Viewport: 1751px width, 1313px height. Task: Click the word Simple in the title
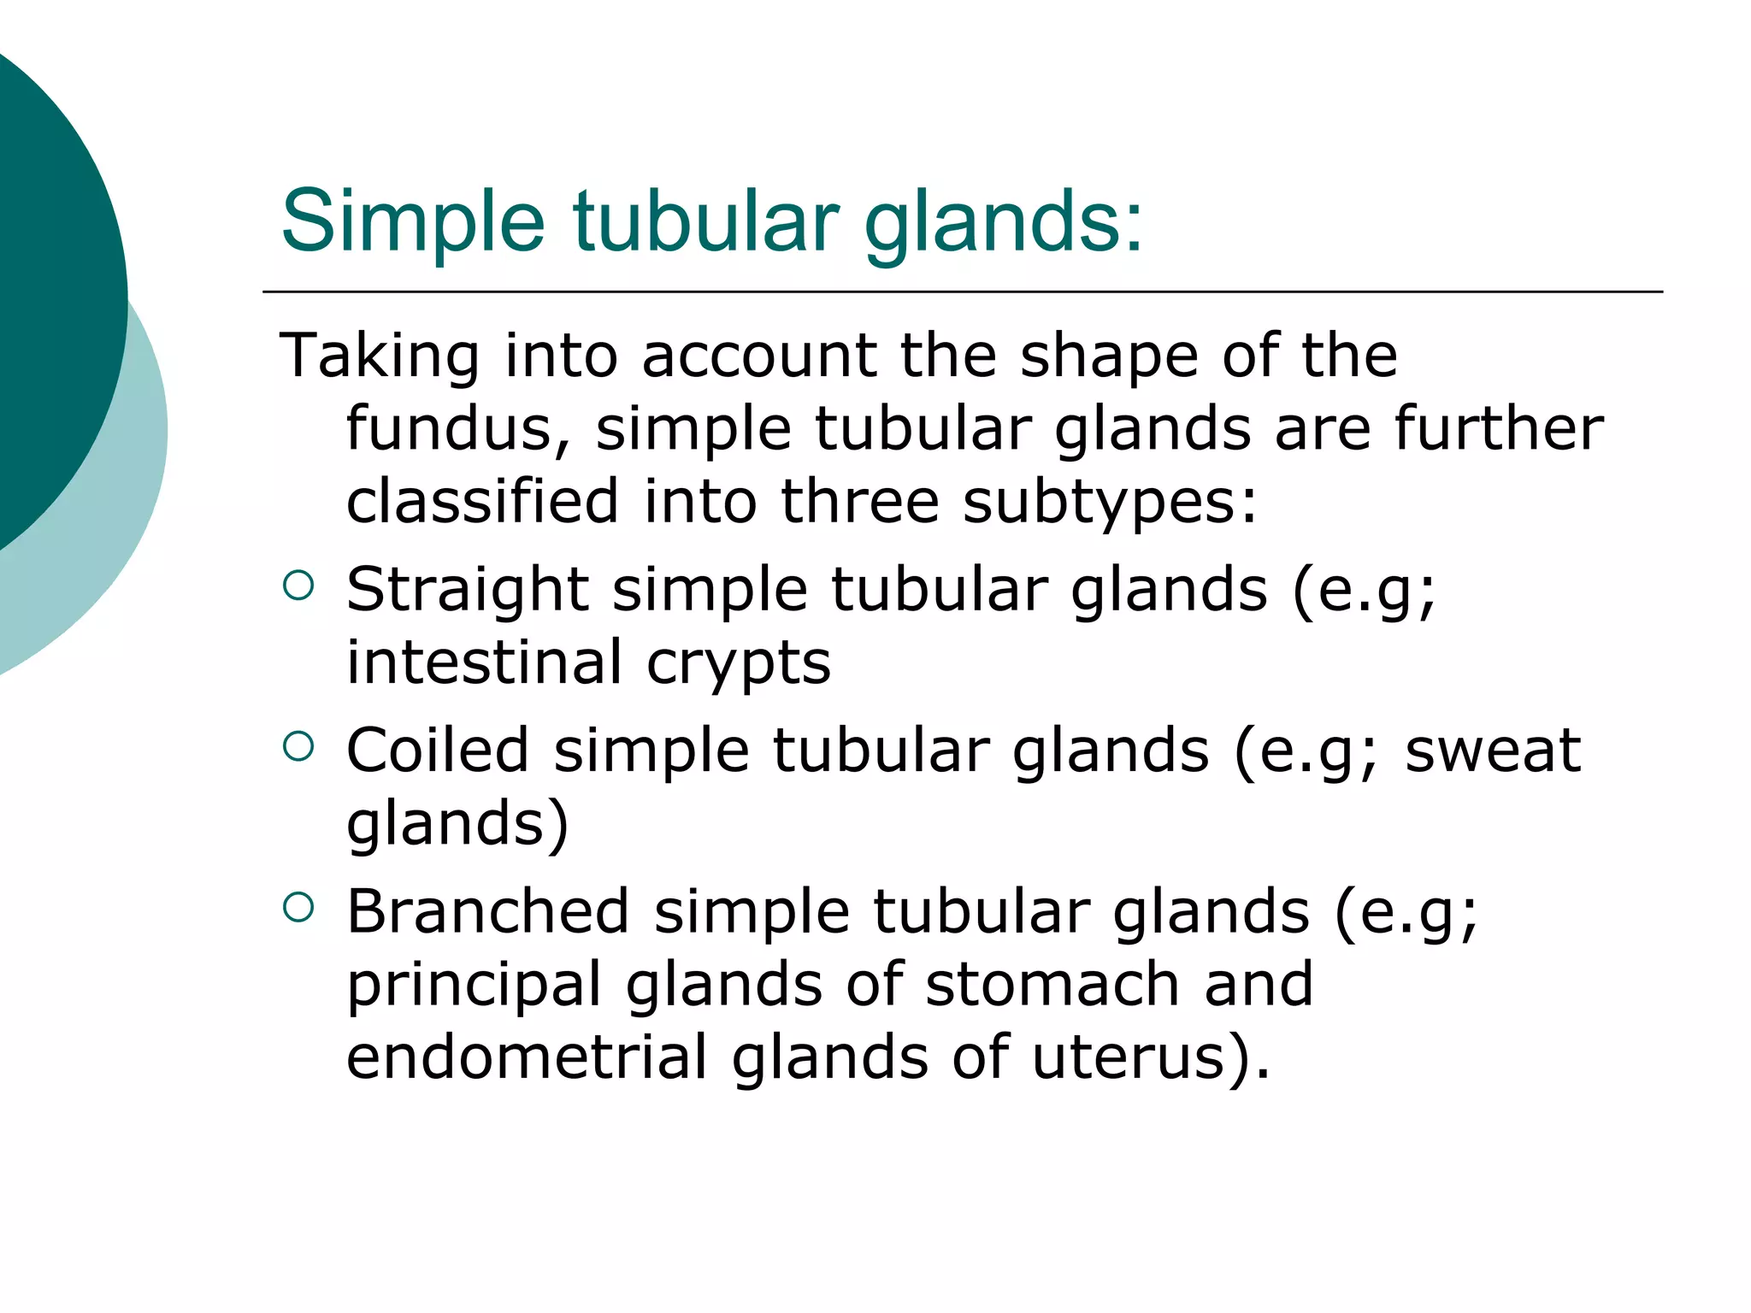412,222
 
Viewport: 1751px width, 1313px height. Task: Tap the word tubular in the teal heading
706,221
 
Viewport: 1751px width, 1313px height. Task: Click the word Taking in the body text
379,356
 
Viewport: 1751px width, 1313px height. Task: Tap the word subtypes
1110,503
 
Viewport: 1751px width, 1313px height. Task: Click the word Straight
468,592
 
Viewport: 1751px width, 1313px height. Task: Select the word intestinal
485,662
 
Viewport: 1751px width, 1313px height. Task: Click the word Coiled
438,750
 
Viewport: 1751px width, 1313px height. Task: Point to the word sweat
1493,750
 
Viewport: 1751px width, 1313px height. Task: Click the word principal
475,986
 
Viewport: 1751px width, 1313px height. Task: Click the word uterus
1137,1058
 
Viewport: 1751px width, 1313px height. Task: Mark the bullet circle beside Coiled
298,745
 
